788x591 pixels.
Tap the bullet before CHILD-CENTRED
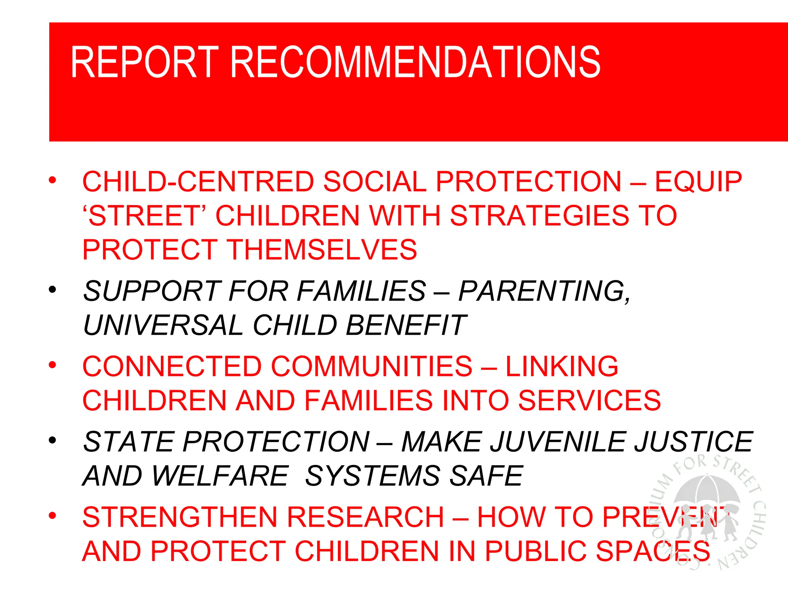(x=53, y=180)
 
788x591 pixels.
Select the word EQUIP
(x=698, y=182)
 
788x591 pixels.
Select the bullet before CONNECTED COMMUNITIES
(x=53, y=364)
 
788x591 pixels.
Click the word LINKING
(x=562, y=366)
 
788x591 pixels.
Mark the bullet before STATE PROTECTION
(x=53, y=440)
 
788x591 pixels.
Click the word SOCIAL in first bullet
(x=375, y=182)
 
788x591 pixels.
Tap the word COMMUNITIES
(x=372, y=366)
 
